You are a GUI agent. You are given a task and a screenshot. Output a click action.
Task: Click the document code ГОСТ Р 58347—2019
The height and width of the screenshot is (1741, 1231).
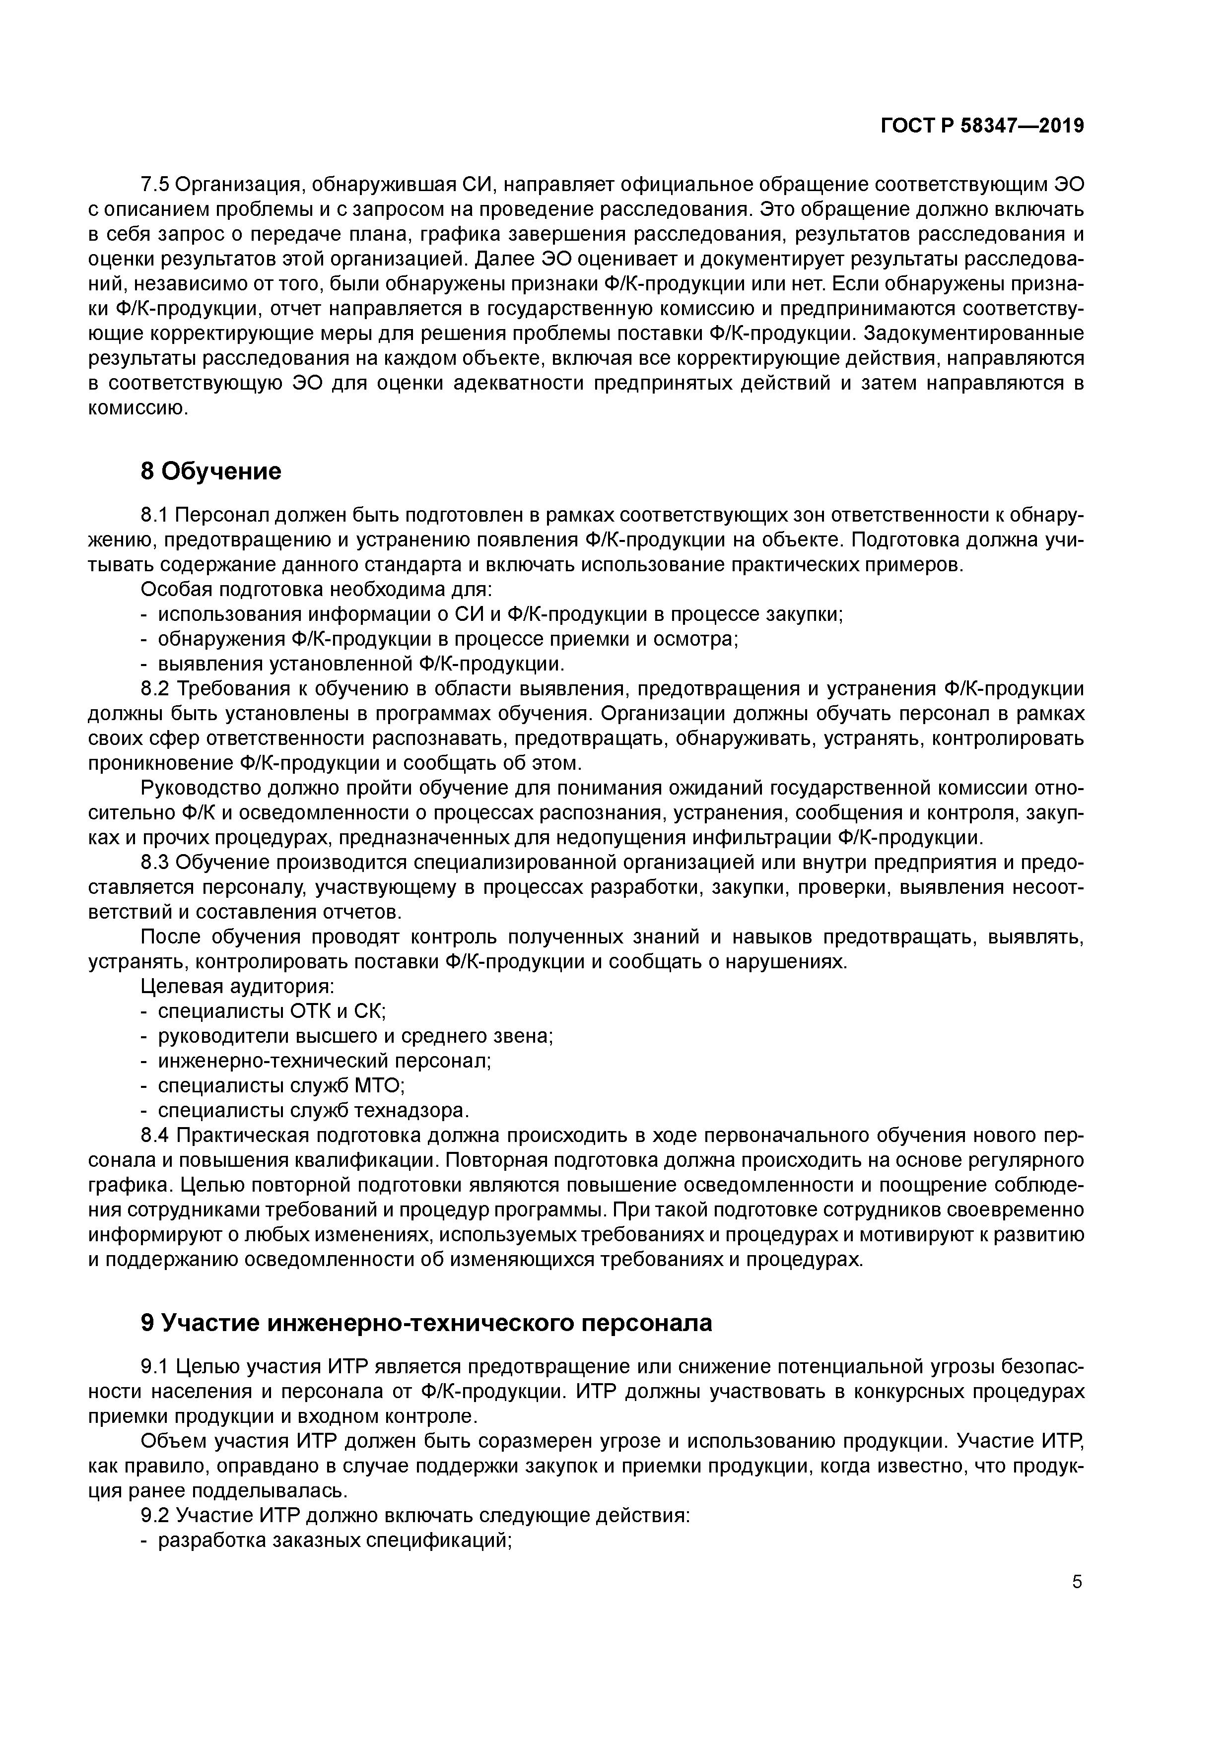[x=982, y=125]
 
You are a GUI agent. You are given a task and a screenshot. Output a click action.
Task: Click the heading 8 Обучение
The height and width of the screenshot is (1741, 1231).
[x=211, y=471]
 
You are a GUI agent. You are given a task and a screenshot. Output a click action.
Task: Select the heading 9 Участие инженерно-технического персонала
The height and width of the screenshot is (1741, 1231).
[x=427, y=1323]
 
